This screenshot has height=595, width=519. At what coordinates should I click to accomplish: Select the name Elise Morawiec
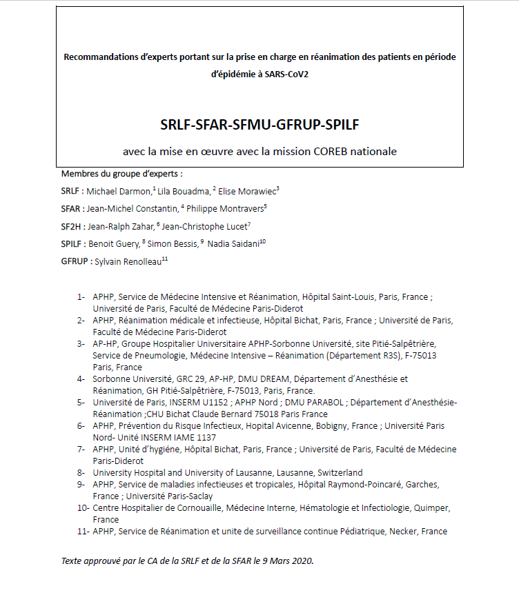[247, 190]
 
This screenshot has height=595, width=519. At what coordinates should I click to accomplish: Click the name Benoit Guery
[114, 243]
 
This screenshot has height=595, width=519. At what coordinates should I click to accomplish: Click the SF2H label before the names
[71, 225]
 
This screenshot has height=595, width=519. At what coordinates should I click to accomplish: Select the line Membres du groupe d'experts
[121, 173]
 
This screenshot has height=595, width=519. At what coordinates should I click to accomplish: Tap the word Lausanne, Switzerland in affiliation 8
[318, 472]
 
